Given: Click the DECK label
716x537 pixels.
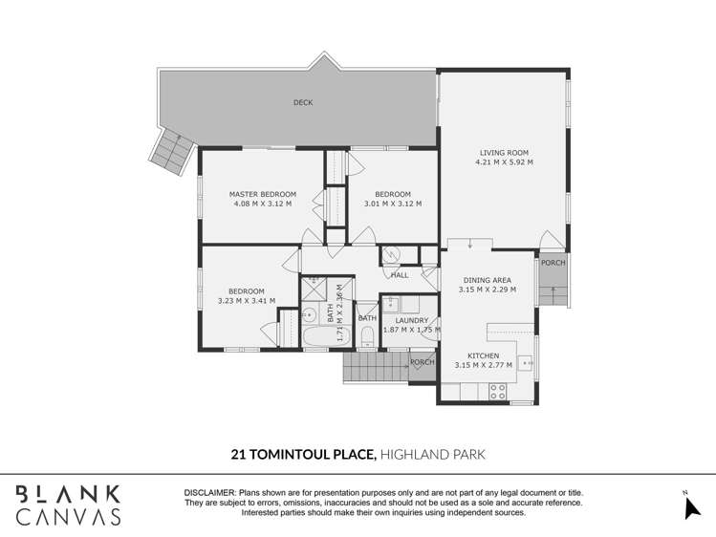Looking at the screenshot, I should pyautogui.click(x=302, y=102).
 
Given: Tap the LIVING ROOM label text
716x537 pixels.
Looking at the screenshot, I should pyautogui.click(x=504, y=153).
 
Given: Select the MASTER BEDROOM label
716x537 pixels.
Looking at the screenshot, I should pyautogui.click(x=262, y=194).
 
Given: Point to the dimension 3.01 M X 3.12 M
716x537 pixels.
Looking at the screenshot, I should pyautogui.click(x=392, y=204).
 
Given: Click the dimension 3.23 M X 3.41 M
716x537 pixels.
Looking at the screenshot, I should pyautogui.click(x=246, y=301).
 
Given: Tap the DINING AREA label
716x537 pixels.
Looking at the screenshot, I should pyautogui.click(x=488, y=280).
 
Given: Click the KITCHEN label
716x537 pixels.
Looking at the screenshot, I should pyautogui.click(x=484, y=355).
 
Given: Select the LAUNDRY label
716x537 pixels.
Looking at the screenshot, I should pyautogui.click(x=411, y=320).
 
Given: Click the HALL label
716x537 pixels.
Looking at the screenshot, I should pyautogui.click(x=400, y=275).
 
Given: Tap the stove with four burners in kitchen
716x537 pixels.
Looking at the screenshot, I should pyautogui.click(x=498, y=390).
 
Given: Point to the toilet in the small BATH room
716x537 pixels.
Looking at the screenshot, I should pyautogui.click(x=367, y=335).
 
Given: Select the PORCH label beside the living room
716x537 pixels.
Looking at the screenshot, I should pyautogui.click(x=553, y=263).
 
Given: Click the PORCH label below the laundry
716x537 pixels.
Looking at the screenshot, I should pyautogui.click(x=422, y=362).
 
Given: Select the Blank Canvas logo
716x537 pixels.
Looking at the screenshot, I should pyautogui.click(x=68, y=505).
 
